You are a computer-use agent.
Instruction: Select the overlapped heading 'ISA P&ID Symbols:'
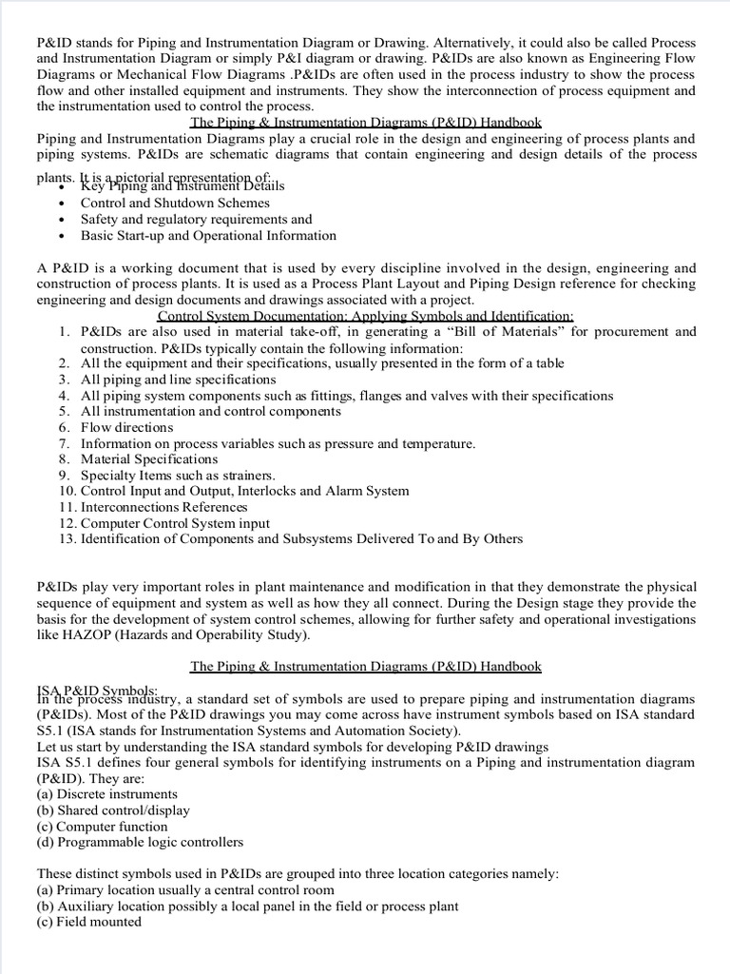98,688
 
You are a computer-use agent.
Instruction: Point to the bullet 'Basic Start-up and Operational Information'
208,235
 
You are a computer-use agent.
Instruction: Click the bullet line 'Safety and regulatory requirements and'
196,219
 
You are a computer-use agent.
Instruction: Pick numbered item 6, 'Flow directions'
126,427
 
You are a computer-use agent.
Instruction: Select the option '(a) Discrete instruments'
106,794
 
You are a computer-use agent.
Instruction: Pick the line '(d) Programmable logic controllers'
140,842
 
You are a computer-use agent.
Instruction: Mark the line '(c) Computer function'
103,826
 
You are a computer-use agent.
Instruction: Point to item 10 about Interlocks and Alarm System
244,491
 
